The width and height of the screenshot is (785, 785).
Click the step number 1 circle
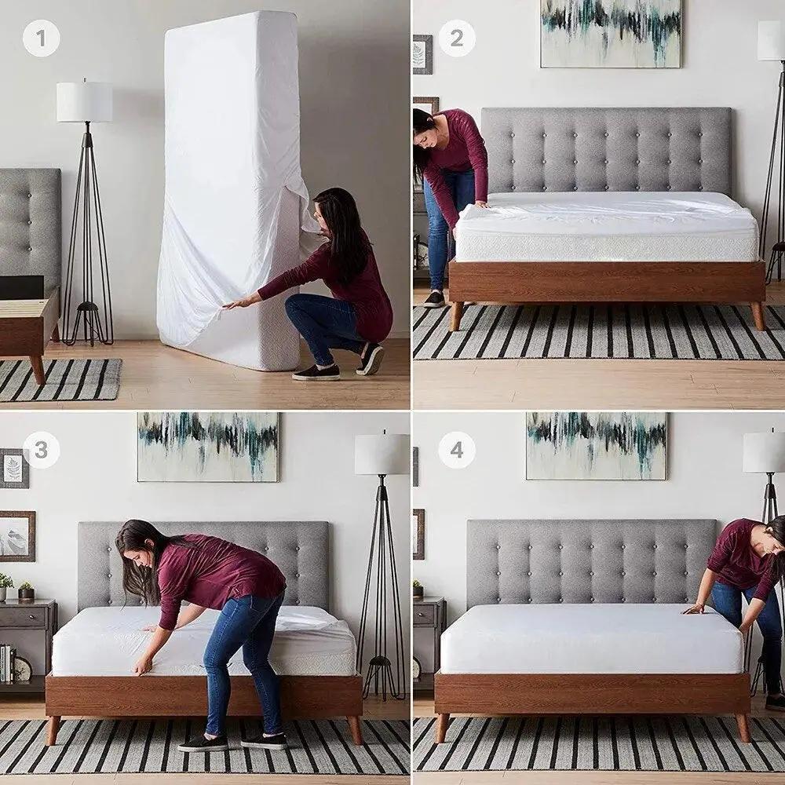pyautogui.click(x=41, y=38)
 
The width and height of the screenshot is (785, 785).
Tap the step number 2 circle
pyautogui.click(x=456, y=38)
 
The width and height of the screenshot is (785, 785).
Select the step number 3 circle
pyautogui.click(x=41, y=451)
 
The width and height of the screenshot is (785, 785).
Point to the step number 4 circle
pyautogui.click(x=456, y=451)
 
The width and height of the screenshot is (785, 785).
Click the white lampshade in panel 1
pyautogui.click(x=84, y=102)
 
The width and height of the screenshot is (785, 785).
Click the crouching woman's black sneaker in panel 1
pyautogui.click(x=316, y=373)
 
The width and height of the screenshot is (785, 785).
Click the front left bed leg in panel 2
pyautogui.click(x=456, y=316)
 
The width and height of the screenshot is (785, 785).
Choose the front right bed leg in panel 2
pyautogui.click(x=757, y=316)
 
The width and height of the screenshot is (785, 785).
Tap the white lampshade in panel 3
pyautogui.click(x=382, y=455)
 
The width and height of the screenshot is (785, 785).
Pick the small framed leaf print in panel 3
pyautogui.click(x=14, y=469)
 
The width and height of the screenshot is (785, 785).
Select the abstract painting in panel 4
pyautogui.click(x=596, y=445)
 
